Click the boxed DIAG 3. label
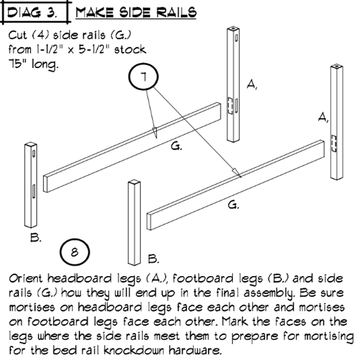[x=34, y=11]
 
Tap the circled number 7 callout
[x=145, y=77]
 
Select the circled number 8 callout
[x=75, y=251]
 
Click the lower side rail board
[x=237, y=185]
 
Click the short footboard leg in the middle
[x=134, y=221]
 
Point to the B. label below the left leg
[x=35, y=238]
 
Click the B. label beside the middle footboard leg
[x=153, y=258]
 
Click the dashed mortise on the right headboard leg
[x=334, y=143]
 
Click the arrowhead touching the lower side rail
[x=238, y=175]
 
